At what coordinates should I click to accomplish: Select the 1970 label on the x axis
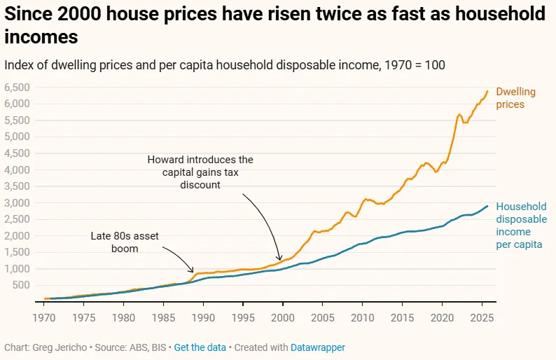click(x=45, y=317)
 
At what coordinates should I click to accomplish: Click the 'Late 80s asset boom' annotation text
click(x=125, y=242)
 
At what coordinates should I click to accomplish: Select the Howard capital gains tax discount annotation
click(x=200, y=172)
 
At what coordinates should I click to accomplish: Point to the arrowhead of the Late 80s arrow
click(x=194, y=271)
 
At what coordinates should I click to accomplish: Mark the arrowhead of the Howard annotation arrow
click(x=280, y=261)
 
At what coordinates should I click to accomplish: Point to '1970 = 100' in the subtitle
click(x=413, y=64)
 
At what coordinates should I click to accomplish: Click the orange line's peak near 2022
click(x=459, y=114)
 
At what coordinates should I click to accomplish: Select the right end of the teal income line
click(x=488, y=206)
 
